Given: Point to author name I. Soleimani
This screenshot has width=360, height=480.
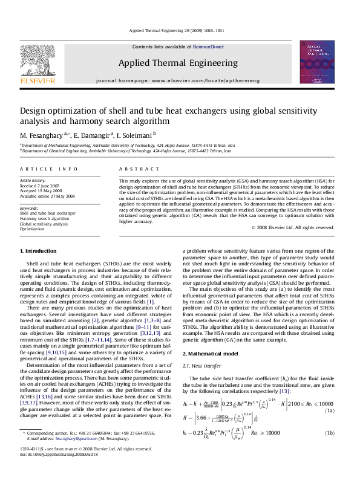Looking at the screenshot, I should click(x=135, y=134).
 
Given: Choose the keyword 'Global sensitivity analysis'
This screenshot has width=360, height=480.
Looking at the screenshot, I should click(x=44, y=224).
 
